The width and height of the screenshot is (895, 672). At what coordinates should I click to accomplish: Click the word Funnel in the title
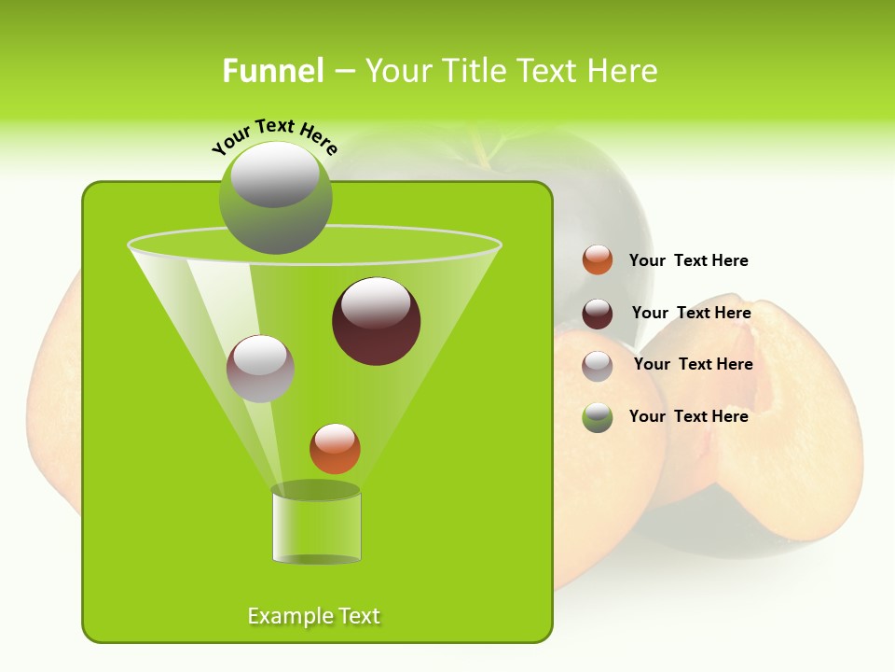pos(273,71)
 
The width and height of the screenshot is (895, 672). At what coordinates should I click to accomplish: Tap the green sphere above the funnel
pos(275,198)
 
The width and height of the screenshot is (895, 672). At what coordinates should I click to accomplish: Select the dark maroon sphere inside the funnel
pos(376,322)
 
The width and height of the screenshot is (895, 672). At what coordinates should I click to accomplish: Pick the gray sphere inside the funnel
pos(261,369)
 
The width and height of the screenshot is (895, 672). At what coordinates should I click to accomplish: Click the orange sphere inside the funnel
pos(335,449)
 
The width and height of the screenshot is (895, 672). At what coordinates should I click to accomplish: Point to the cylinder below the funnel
pos(316,525)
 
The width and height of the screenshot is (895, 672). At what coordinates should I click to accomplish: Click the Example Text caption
pos(313,616)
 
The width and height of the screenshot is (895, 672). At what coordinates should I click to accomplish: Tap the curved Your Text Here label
pos(274,137)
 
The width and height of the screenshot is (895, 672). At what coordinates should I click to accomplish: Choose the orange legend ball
pos(598,260)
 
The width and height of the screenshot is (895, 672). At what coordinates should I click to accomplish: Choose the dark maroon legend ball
pos(598,314)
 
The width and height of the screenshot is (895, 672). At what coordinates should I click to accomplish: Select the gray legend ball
pos(598,366)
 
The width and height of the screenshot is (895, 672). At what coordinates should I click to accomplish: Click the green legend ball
pos(598,417)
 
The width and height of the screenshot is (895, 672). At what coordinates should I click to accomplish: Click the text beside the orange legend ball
pos(688,260)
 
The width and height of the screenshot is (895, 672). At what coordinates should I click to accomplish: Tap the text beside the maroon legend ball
pos(691,313)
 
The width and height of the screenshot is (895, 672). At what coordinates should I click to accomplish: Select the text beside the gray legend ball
pos(693,364)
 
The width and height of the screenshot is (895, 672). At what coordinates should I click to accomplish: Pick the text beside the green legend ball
pos(688,416)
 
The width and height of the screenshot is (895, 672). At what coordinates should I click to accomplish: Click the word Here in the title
pos(623,71)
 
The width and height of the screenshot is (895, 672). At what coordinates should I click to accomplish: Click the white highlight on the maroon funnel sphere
pos(376,304)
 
